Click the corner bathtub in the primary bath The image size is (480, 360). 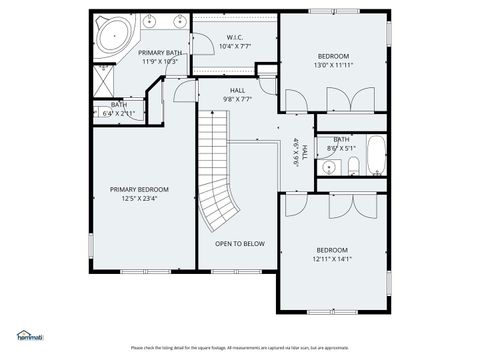pyautogui.click(x=113, y=36)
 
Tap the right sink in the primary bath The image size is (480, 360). pyautogui.click(x=181, y=21)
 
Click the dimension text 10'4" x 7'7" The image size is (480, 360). pyautogui.click(x=234, y=45)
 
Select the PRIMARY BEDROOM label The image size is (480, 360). pyautogui.click(x=139, y=189)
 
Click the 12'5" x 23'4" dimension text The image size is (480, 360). pyautogui.click(x=139, y=198)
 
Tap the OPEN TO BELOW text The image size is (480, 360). pyautogui.click(x=240, y=243)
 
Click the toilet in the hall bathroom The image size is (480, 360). pyautogui.click(x=351, y=165)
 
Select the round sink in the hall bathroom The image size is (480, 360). pyautogui.click(x=329, y=166)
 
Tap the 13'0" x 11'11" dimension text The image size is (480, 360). pyautogui.click(x=333, y=64)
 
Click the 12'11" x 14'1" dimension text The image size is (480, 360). pyautogui.click(x=333, y=258)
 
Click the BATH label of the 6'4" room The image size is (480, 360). pyautogui.click(x=119, y=104)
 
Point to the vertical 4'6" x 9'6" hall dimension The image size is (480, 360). pyautogui.click(x=296, y=151)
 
